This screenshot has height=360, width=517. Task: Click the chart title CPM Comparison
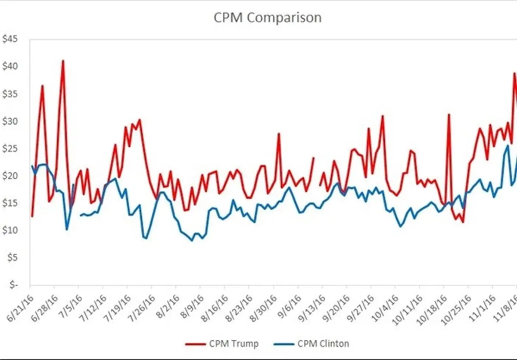pos(268,18)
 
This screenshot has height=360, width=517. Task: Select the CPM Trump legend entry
pos(222,344)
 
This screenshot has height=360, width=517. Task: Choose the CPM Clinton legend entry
pos(311,344)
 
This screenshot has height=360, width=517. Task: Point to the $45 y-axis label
pos(10,39)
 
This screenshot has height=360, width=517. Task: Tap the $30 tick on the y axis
pos(10,121)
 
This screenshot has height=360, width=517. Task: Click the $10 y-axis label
pos(10,230)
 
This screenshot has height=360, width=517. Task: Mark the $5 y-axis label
pos(12,258)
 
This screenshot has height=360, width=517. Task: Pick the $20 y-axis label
pos(10,176)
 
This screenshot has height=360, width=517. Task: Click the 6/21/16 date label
pos(20,308)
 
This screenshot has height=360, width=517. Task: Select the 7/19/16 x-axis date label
pos(117,308)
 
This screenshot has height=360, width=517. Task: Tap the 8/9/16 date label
pos(192,307)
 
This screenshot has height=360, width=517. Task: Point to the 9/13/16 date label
pos(312,308)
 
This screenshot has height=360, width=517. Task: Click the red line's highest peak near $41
pos(63,61)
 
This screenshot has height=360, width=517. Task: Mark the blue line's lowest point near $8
pos(192,241)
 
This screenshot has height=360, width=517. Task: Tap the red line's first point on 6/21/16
pos(32,216)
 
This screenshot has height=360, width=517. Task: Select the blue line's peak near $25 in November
pos(508,146)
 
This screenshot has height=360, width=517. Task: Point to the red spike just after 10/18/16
pos(449,115)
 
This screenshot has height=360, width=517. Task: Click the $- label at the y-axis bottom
pos(14,285)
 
